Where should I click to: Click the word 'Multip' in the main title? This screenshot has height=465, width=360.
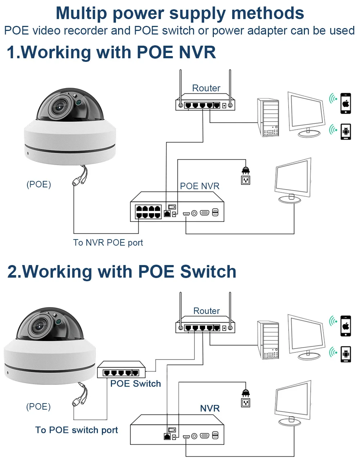[x=81, y=13]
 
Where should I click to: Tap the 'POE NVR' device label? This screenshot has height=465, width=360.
[x=199, y=186]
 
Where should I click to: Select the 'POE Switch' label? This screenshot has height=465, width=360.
[x=135, y=383]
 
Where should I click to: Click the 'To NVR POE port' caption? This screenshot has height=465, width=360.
[x=108, y=243]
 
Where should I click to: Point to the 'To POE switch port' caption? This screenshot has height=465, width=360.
[x=76, y=430]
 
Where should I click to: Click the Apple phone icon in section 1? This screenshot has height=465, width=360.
[x=346, y=103]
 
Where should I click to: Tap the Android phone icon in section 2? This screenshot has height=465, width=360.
[x=346, y=354]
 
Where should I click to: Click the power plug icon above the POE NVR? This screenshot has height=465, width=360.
[x=246, y=170]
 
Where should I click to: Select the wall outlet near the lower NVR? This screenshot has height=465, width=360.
[x=246, y=403]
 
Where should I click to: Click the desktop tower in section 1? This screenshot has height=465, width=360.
[x=268, y=117]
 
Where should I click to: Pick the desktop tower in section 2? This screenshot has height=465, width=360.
[x=268, y=340]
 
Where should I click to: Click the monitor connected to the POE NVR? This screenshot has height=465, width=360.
[x=293, y=181]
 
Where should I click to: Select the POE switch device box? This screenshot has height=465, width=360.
[x=121, y=370]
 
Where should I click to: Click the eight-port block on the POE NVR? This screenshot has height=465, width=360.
[x=148, y=212]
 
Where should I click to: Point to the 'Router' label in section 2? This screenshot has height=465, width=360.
[x=206, y=311]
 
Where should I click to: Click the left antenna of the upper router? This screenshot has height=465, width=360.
[x=180, y=88]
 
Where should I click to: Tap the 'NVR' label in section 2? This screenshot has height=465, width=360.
[x=210, y=408]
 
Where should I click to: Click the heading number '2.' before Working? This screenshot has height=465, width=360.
[x=14, y=272]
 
